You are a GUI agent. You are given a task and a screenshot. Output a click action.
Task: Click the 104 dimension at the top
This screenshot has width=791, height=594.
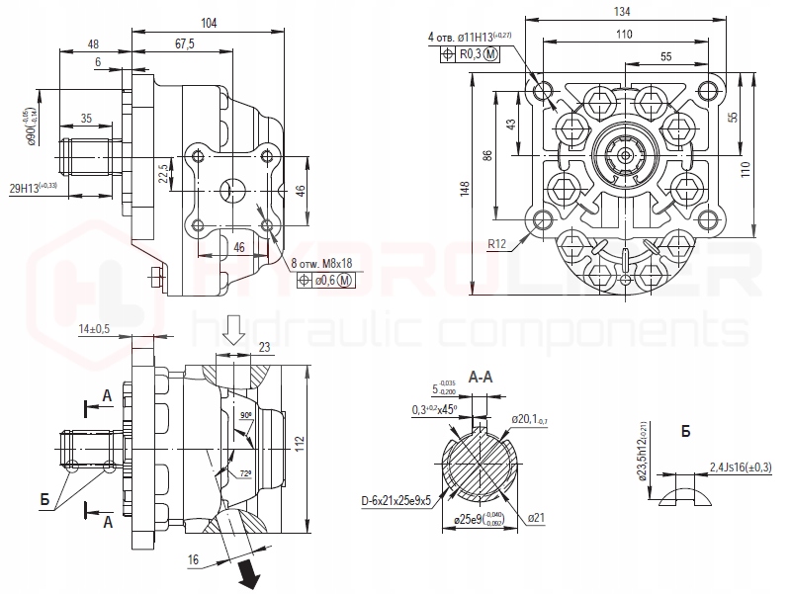[209, 23]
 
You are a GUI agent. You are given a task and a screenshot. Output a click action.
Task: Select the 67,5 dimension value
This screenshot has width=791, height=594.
[183, 43]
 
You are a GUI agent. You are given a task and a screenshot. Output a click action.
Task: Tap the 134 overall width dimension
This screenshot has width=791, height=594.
[622, 11]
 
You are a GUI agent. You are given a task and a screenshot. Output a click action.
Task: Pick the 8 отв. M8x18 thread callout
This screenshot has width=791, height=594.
[322, 264]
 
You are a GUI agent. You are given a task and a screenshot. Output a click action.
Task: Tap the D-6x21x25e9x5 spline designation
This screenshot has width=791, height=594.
[395, 500]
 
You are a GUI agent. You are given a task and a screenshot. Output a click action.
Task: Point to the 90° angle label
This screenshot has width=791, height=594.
[245, 416]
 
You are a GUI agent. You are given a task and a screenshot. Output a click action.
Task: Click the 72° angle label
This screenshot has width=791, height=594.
[246, 474]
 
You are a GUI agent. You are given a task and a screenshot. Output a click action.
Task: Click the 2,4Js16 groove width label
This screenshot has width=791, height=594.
[742, 467]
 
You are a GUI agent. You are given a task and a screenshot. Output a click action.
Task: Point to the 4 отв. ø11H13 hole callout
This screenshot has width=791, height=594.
[470, 38]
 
